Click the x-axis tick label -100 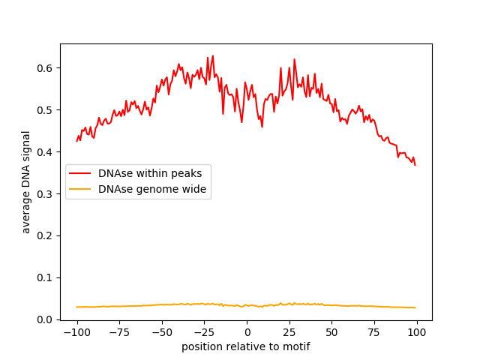76,332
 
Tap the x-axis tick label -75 119,332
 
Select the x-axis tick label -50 161,332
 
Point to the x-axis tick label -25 204,332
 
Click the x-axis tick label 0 247,332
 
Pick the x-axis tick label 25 289,332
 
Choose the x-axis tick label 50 331,332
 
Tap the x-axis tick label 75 373,332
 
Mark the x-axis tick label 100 416,332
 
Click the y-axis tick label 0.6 46,68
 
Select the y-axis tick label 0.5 46,110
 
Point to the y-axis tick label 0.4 46,152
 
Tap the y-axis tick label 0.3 46,194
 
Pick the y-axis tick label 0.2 46,235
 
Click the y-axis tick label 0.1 46,277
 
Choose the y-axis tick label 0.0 46,319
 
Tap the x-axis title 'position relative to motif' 246,346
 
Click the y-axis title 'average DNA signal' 26,181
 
